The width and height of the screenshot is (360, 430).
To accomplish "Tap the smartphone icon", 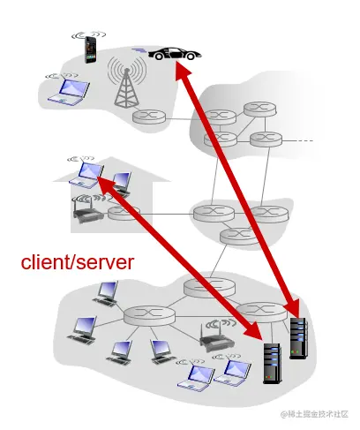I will click(88, 49).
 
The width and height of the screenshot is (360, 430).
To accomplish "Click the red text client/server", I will click(77, 261).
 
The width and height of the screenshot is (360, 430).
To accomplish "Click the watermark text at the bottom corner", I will click(313, 413).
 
